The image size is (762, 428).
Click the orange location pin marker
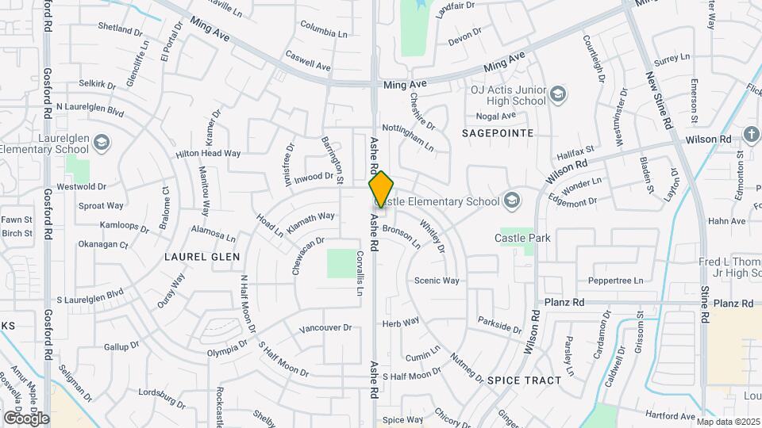click(x=381, y=189)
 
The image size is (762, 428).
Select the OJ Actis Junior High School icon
click(x=558, y=94)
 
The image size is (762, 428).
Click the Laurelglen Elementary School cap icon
click(x=101, y=143)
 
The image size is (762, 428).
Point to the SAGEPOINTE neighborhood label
click(x=498, y=133)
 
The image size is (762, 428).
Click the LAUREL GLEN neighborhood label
click(x=196, y=257)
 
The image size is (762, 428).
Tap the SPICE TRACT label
click(x=524, y=380)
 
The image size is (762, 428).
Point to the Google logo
click(x=26, y=418)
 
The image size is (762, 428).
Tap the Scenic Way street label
click(x=437, y=281)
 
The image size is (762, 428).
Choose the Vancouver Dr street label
click(x=325, y=327)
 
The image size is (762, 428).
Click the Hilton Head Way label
click(x=208, y=154)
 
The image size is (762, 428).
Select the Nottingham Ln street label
click(x=408, y=136)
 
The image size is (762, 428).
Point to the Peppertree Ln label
click(x=615, y=281)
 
